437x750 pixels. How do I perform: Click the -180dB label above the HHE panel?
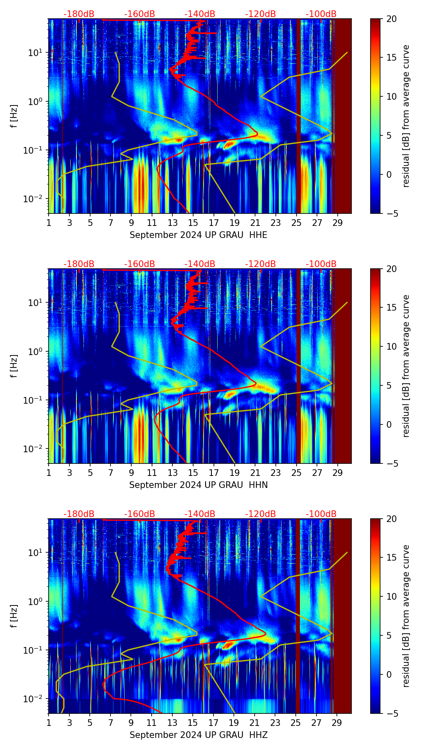point(79,14)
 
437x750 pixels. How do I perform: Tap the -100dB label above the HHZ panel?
point(321,514)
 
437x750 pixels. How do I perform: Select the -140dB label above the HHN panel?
point(200,264)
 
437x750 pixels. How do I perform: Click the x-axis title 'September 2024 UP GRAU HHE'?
point(198,235)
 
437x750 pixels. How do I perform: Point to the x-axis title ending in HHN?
point(198,485)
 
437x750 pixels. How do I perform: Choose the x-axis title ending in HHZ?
point(198,735)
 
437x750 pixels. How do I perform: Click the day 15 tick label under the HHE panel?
point(193,223)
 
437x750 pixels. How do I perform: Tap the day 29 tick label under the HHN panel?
point(337,473)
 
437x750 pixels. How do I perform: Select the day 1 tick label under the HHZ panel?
point(49,723)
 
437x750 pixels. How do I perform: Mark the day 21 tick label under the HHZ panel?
point(255,723)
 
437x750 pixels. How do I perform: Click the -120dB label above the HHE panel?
point(260,14)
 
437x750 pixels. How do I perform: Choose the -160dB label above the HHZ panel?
point(140,514)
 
